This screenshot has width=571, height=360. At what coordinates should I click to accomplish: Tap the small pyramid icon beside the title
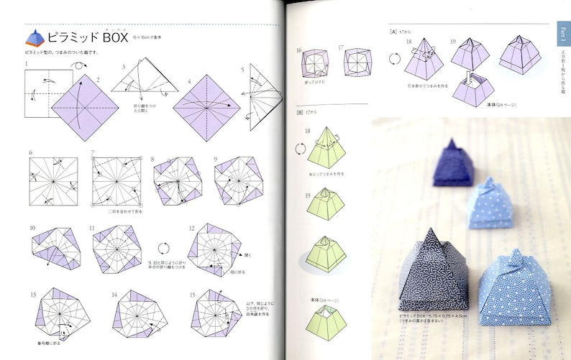coord(35,38)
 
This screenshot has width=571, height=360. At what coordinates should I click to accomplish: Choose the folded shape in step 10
coord(52,251)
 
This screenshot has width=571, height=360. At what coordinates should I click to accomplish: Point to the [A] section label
coord(393,32)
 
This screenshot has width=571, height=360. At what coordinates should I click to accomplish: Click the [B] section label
coord(299,112)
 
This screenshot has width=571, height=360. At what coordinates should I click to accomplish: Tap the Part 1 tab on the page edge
coord(563,36)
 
